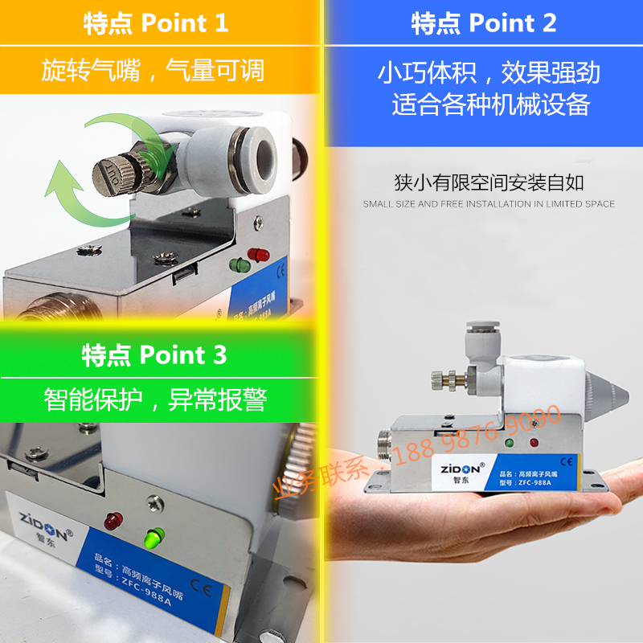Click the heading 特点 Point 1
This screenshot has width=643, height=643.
click(156, 23)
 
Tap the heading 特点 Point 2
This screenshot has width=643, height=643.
click(483, 23)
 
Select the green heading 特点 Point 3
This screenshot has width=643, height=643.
click(154, 354)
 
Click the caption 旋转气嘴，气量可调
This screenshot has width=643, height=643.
click(153, 72)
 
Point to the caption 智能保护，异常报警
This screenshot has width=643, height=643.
click(154, 399)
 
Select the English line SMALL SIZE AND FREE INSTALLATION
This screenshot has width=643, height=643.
click(489, 204)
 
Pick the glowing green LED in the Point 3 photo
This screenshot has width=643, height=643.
click(154, 535)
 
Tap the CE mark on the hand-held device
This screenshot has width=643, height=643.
click(565, 461)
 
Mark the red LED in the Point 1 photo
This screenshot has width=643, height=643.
click(259, 255)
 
